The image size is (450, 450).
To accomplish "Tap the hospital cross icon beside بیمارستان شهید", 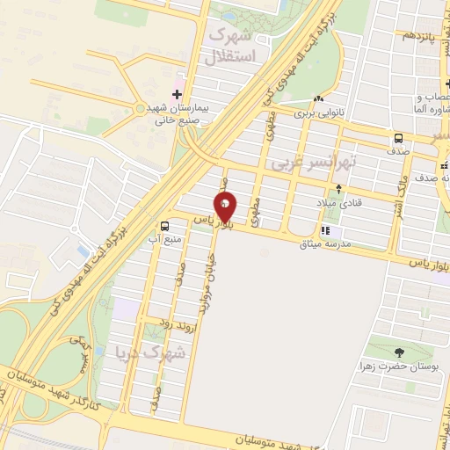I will point(176,94).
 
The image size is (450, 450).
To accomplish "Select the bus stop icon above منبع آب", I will point(165,226).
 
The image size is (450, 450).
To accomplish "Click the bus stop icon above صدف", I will point(399,138).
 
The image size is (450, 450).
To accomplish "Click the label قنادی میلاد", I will point(340,203).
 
